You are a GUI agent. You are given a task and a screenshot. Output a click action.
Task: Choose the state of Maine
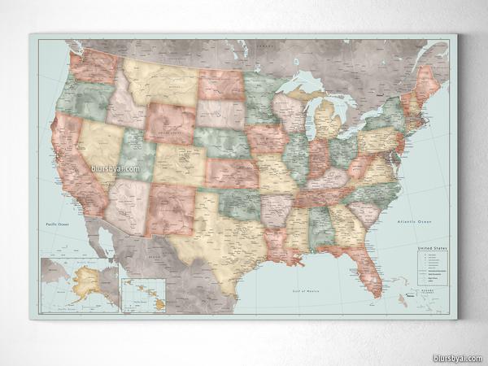pyautogui.click(x=428, y=82)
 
